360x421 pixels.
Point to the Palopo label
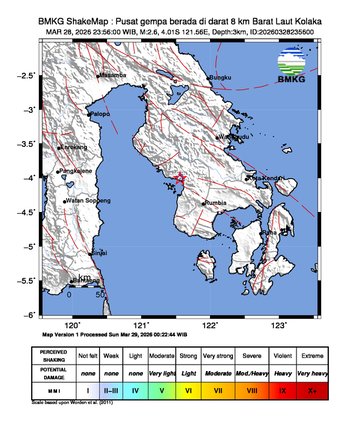tap(99, 115)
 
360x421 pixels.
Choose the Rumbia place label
tap(215, 203)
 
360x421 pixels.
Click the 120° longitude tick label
tap(72, 325)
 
